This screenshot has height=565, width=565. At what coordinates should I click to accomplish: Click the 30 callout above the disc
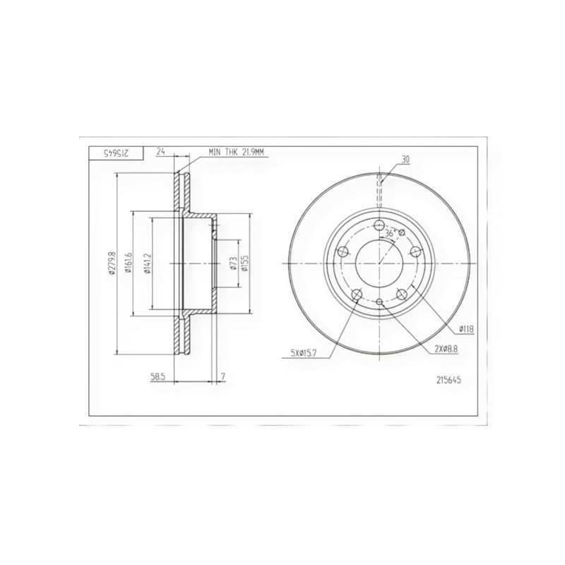(x=405, y=160)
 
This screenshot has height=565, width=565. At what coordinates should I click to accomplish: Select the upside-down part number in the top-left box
(x=115, y=153)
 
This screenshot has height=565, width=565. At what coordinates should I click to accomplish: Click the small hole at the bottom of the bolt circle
(x=380, y=302)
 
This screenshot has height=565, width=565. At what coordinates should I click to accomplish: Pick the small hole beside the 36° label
(x=402, y=232)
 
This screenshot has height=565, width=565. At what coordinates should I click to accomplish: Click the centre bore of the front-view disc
(x=380, y=264)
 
